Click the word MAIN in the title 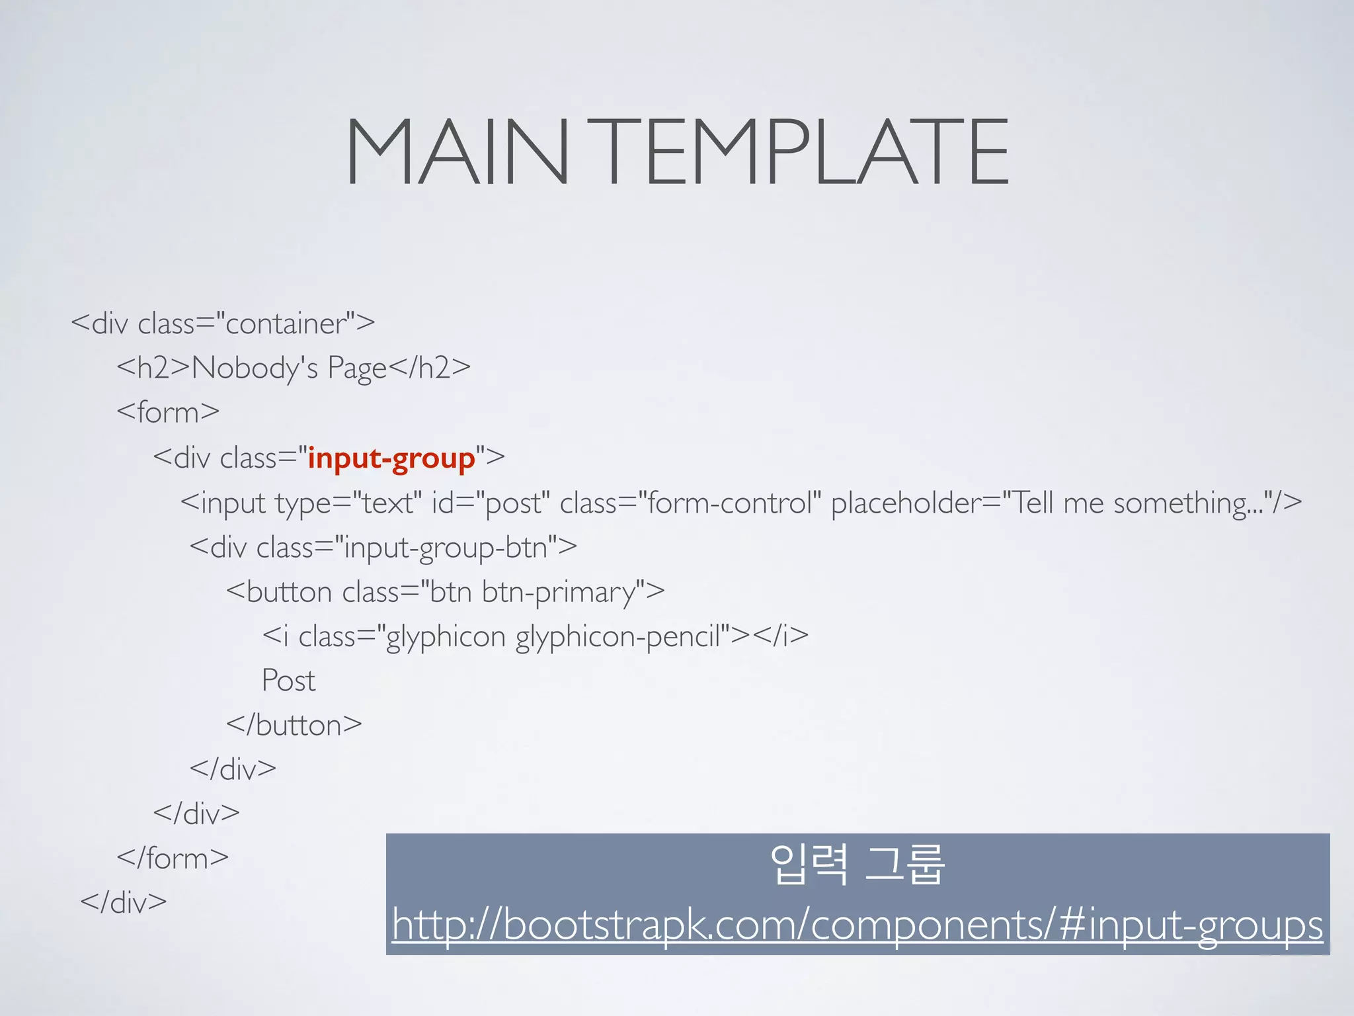[x=457, y=151]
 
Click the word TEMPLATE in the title [x=806, y=151]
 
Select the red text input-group [x=391, y=458]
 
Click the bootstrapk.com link [x=857, y=925]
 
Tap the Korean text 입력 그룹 [x=857, y=865]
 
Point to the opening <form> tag [x=168, y=412]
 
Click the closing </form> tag [x=173, y=858]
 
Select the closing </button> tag [x=294, y=725]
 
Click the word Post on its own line [x=288, y=681]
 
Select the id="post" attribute [x=491, y=503]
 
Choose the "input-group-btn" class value [x=447, y=548]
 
